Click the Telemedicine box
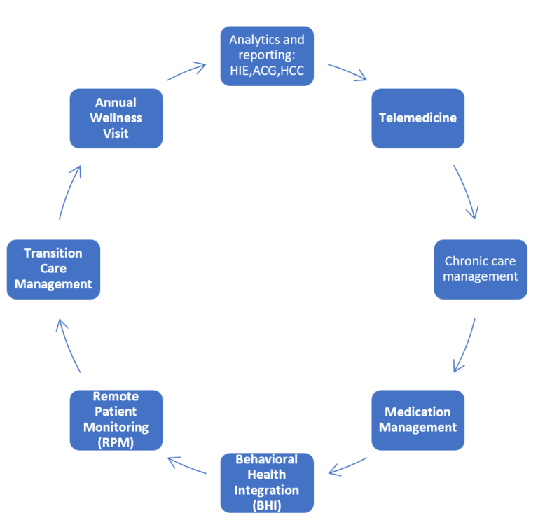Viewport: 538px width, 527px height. [x=418, y=118]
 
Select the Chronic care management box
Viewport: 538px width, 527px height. [x=481, y=269]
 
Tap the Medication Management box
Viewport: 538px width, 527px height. [x=418, y=420]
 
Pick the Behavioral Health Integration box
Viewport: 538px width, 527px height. [x=267, y=482]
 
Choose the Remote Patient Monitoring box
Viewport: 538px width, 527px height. [x=116, y=420]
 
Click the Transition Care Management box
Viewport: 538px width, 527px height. [x=53, y=269]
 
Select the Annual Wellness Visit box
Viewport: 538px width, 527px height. [x=116, y=118]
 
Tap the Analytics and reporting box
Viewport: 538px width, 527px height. [x=267, y=56]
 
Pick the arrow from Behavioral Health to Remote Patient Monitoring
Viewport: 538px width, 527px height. [x=186, y=465]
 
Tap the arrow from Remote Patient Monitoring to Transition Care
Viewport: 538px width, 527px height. [x=68, y=345]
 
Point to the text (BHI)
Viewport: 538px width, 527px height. [x=267, y=504]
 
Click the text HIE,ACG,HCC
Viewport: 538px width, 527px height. [x=267, y=71]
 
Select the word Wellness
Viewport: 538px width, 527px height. [x=116, y=118]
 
